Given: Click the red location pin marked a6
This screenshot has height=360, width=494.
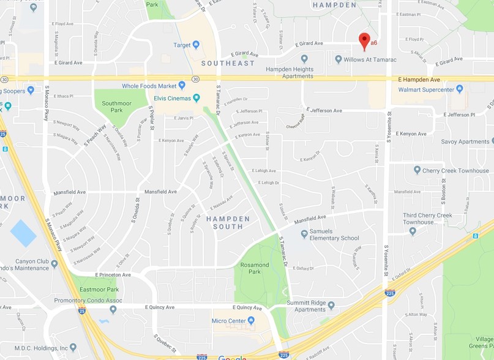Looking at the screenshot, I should point(365,40).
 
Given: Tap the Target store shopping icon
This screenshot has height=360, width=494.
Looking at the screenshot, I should point(196,45).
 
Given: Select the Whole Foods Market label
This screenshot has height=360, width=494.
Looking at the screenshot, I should point(149,86).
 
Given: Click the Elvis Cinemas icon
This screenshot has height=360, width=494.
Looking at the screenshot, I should point(197,97).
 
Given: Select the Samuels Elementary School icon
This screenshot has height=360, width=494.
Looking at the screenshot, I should point(304,234).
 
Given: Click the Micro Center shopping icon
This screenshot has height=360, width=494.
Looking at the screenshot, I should point(250,320).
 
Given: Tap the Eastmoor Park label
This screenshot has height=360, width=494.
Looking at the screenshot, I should point(99,289).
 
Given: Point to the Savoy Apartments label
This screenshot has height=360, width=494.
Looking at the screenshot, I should point(465,141).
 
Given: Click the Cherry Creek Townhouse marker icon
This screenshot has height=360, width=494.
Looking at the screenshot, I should point(417,170).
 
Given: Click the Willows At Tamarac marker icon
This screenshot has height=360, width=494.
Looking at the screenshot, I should point(339,59).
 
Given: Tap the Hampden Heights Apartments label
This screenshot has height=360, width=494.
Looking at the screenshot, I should point(289,73).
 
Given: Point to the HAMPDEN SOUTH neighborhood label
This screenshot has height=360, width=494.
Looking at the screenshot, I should point(228,222).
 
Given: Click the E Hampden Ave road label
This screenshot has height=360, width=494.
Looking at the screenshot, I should point(419,80).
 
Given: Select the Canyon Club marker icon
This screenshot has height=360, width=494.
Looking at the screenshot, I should point(54,264).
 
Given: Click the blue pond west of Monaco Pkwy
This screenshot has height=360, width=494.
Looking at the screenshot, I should point(23,233).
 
